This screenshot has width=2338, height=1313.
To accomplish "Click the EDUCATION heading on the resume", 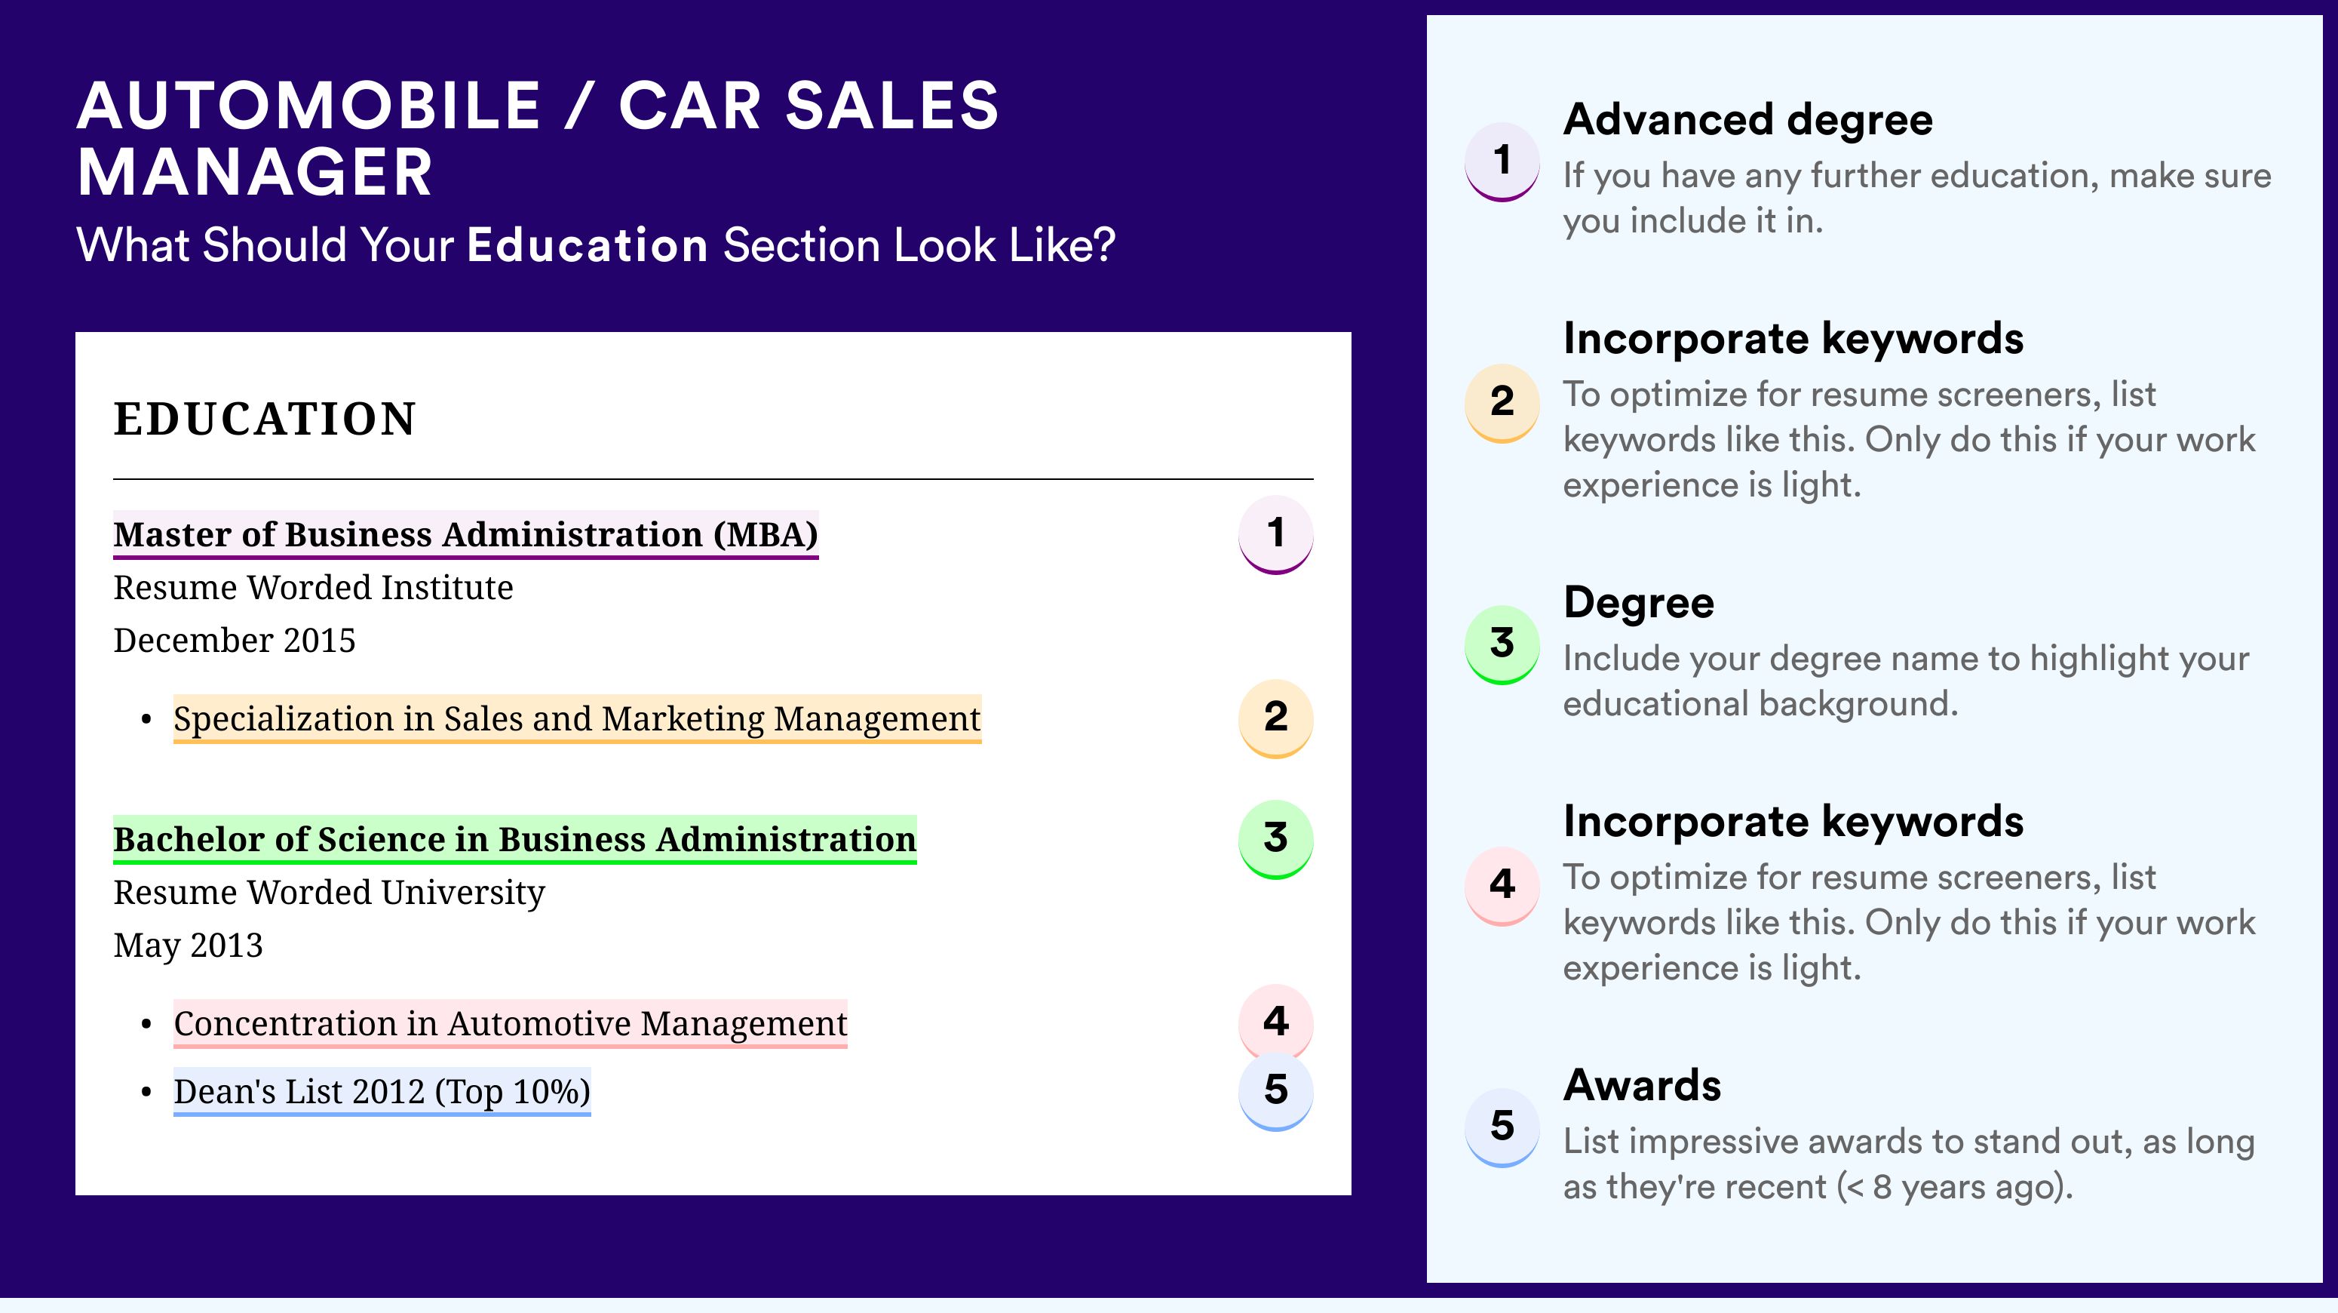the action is click(x=264, y=419).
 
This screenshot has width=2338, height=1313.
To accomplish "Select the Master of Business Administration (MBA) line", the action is click(x=465, y=535).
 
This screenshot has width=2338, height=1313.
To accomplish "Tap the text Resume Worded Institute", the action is click(x=313, y=588).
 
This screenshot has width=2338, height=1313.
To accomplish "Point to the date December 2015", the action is click(x=234, y=640).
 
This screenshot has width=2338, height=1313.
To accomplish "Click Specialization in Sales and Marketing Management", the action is click(x=577, y=718).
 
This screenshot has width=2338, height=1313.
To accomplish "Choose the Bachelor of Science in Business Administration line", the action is click(x=514, y=839).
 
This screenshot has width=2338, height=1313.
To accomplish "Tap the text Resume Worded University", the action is click(x=330, y=893).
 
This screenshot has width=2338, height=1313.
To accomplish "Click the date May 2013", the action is click(x=188, y=946).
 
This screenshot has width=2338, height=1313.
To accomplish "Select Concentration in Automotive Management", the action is click(x=510, y=1023).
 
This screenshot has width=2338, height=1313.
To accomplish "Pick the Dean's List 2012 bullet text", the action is click(x=382, y=1091).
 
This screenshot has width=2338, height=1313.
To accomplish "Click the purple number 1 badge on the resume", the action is click(x=1276, y=534).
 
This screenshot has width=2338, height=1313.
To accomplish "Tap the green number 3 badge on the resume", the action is click(x=1276, y=839).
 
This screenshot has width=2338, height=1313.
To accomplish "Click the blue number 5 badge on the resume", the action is click(x=1276, y=1090).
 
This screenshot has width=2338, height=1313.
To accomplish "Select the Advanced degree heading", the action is click(x=1748, y=120).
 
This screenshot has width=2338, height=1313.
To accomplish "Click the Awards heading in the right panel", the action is click(x=1642, y=1085).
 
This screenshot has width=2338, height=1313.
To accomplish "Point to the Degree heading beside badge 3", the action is click(x=1638, y=603).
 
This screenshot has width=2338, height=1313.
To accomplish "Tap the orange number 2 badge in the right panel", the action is click(x=1502, y=402).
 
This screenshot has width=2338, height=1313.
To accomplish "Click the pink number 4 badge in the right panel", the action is click(x=1502, y=885).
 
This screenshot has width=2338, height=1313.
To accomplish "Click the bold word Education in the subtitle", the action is click(x=588, y=245).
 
